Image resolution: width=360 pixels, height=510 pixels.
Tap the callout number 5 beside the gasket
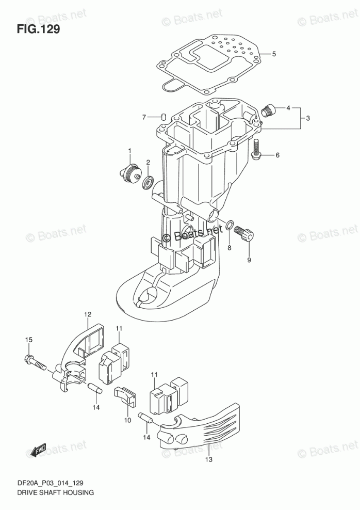274,54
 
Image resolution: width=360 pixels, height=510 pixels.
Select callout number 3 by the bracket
307,119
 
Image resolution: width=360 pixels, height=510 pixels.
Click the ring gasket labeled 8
230,226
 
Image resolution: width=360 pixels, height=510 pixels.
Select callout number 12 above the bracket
88,314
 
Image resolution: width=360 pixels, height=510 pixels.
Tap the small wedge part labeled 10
127,396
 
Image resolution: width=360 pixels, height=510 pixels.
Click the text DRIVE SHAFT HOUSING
47,493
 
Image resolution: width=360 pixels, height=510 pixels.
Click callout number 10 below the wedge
127,421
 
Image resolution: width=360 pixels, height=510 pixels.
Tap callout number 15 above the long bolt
29,339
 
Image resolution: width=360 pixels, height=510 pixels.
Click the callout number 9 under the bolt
249,260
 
